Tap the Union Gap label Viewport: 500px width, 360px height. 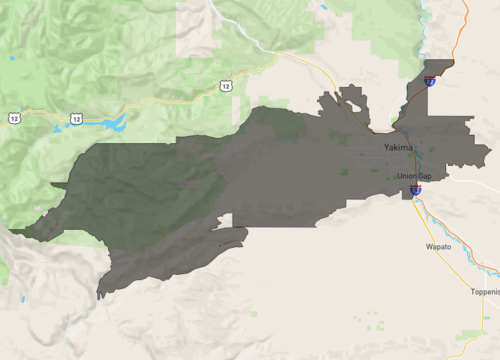tap(413, 176)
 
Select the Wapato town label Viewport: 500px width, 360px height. tap(439, 245)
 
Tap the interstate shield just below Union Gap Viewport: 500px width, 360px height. tap(415, 189)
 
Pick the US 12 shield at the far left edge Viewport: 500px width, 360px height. tap(13, 118)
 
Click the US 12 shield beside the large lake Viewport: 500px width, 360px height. tap(76, 119)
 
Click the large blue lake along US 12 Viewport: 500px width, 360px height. tap(110, 125)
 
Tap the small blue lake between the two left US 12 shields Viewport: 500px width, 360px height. tap(46, 117)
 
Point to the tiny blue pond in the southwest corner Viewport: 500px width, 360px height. tap(20, 299)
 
